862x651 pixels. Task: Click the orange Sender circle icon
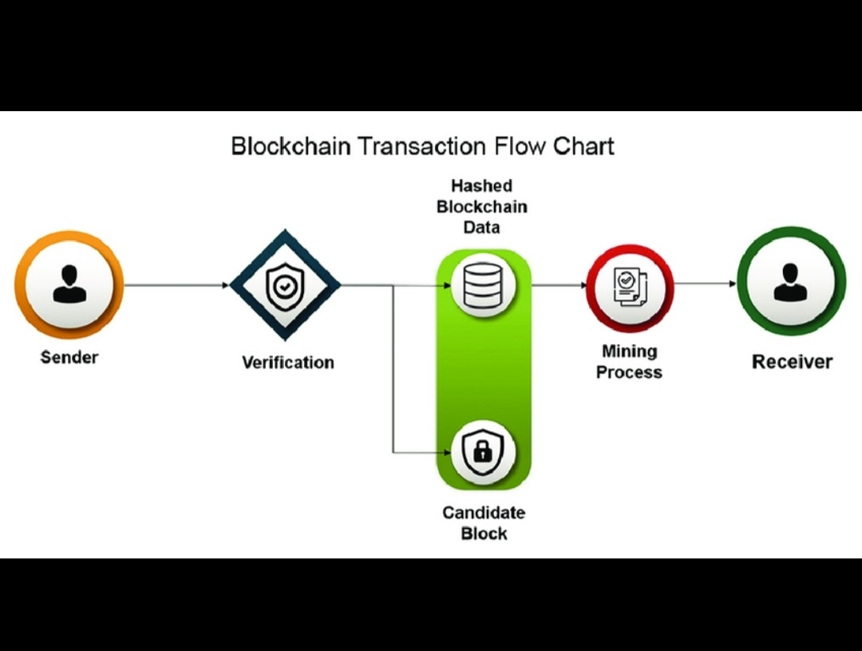(69, 285)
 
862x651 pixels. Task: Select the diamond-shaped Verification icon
(285, 285)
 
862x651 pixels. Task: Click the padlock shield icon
(484, 453)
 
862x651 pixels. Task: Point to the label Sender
(69, 357)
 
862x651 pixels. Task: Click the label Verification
(287, 363)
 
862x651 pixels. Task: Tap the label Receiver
(792, 362)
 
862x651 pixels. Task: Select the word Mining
(629, 351)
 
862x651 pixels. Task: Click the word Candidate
(484, 512)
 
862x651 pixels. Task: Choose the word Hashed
(481, 186)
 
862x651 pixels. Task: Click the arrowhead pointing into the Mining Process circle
(582, 285)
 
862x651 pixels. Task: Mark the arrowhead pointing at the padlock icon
(446, 453)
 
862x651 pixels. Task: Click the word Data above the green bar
(481, 228)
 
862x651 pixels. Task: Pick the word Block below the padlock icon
(484, 533)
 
